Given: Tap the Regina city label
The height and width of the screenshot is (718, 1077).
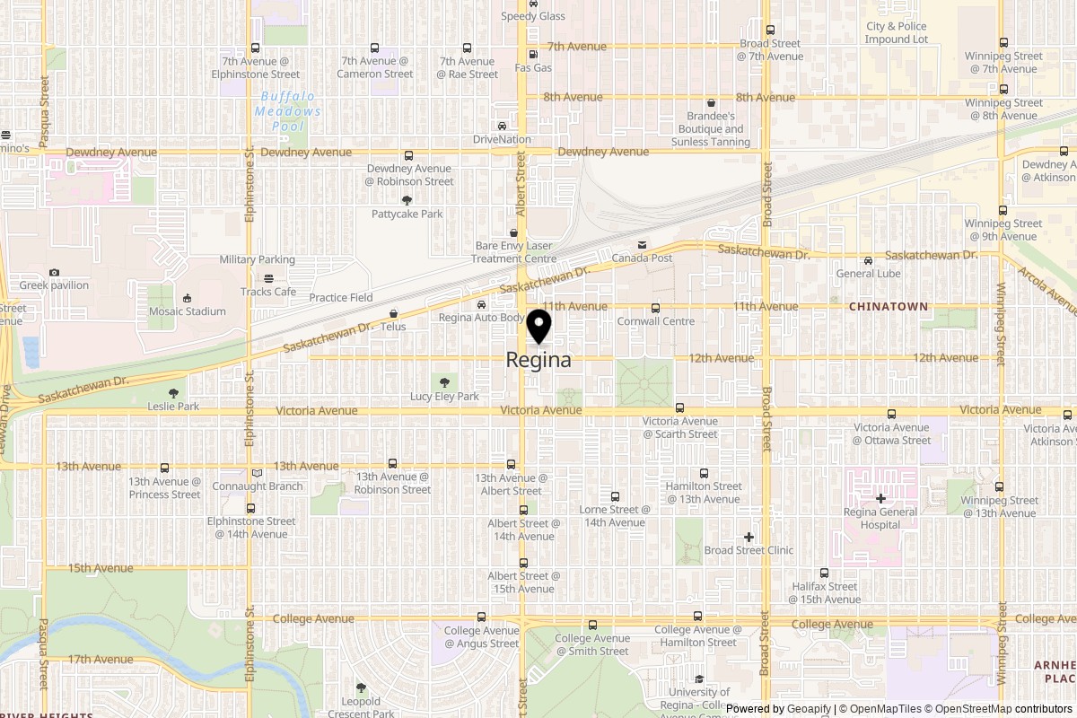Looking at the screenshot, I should point(538,360).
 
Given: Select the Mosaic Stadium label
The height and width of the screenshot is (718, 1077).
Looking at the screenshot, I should point(188,311).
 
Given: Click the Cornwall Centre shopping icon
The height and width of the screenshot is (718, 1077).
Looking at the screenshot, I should point(655,308).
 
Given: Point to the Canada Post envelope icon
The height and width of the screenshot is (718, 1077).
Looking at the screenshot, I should point(642,245).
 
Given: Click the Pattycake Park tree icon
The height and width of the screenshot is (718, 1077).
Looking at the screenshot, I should point(407,200).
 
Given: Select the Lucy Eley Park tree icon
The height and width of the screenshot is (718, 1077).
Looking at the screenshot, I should point(444,382).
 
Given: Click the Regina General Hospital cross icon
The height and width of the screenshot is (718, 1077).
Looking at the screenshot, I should point(880,498).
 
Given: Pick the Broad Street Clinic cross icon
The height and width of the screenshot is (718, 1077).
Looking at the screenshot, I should point(749,537).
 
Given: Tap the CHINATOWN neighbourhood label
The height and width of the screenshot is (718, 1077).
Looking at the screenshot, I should point(888,307).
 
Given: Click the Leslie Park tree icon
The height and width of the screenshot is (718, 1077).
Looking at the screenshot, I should point(173,393).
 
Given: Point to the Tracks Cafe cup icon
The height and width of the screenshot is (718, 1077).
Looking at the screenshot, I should point(267,278).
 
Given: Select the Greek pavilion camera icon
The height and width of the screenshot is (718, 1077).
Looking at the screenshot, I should point(54,272).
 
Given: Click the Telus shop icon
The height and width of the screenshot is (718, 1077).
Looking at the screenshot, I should point(393,313).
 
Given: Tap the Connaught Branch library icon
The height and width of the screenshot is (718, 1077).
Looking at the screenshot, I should point(257,473).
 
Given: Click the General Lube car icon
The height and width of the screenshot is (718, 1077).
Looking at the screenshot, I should point(868,260).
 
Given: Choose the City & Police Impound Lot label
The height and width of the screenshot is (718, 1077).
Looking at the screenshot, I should point(897,33).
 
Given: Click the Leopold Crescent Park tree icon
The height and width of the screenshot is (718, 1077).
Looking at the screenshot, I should point(361,687).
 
